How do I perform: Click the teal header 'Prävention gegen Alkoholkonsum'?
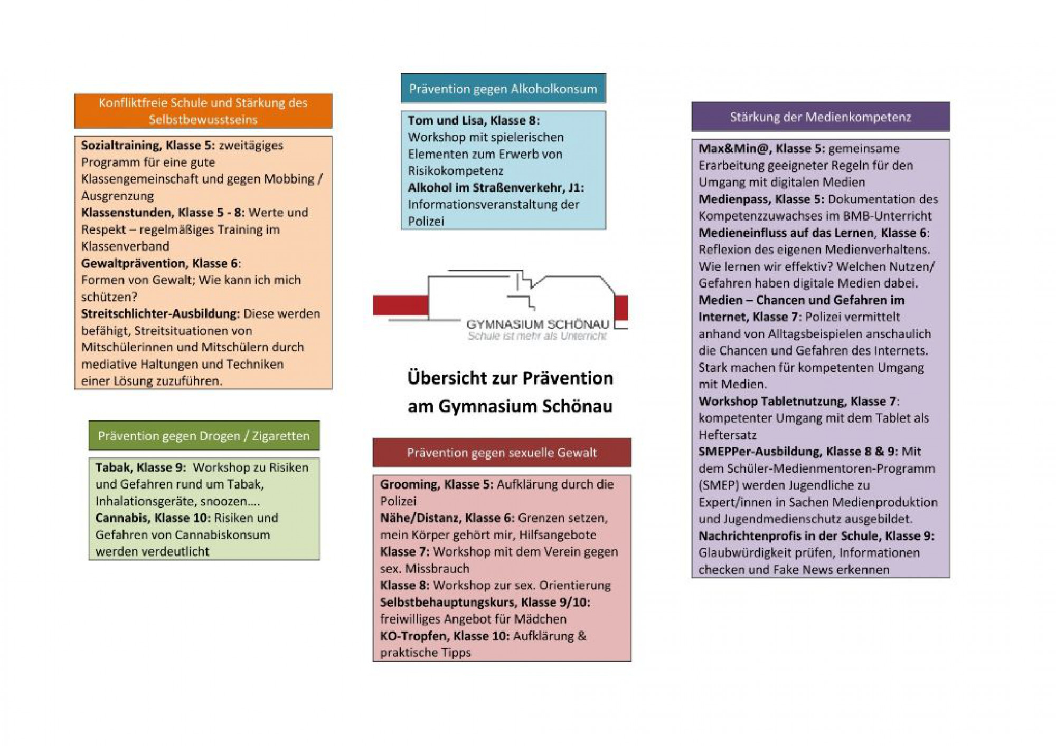coord(503,89)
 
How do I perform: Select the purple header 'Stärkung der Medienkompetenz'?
coord(821,117)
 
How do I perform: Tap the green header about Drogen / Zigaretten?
coord(204,436)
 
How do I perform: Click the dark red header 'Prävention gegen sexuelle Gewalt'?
coord(502,453)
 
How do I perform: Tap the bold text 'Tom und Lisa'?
coord(446,121)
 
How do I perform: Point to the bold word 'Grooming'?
coord(409,484)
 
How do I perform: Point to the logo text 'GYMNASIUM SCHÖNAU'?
coord(538,324)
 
